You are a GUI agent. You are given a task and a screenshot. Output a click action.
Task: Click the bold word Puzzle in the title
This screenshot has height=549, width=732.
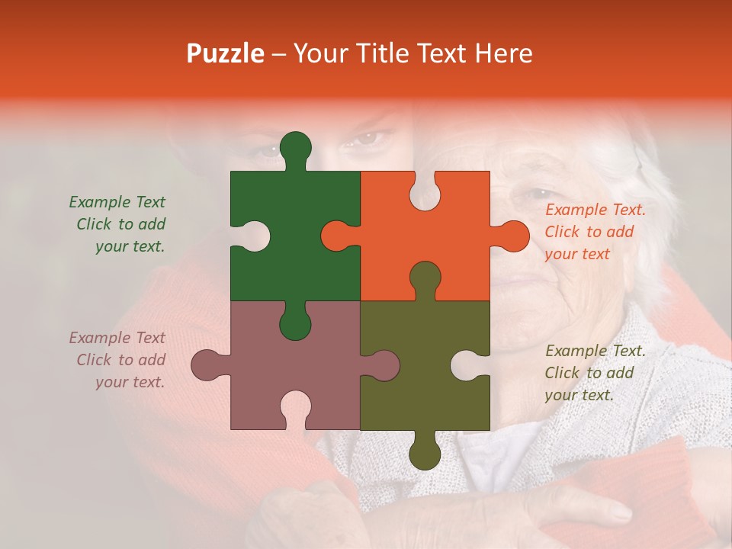coord(226,53)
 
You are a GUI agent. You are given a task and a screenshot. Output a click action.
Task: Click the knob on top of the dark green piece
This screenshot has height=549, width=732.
coord(296,147)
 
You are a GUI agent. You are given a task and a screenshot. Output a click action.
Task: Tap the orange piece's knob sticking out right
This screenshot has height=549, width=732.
coord(512,236)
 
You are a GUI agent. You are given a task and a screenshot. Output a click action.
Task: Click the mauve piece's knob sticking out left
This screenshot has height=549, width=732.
coord(207,365)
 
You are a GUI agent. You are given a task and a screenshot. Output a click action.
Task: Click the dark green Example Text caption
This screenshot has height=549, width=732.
coord(117,224)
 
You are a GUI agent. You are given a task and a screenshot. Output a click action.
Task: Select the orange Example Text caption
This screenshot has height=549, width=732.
coord(595,232)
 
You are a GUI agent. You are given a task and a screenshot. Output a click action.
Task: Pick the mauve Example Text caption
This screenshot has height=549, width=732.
coord(117,360)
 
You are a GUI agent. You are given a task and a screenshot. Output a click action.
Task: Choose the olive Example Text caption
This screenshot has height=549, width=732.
coord(595,373)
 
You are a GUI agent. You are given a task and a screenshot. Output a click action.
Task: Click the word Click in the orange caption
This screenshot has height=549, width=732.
coord(562,232)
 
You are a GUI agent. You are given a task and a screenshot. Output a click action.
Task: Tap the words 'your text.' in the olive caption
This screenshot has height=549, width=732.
coord(579,395)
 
